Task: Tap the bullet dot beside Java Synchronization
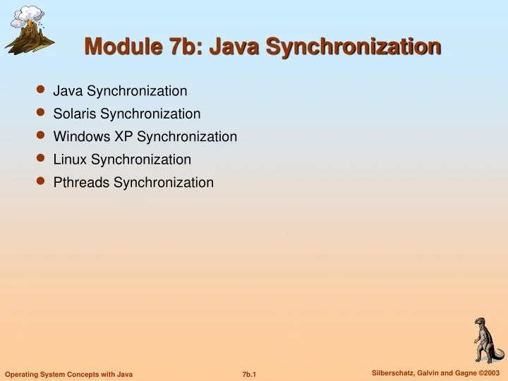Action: point(41,90)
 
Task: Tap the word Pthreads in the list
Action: point(82,183)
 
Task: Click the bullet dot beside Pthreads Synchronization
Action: point(41,182)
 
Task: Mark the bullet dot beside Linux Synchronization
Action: point(41,159)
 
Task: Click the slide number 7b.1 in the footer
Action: point(248,373)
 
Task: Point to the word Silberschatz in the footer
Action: point(395,372)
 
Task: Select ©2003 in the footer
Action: point(488,372)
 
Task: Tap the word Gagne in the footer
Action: point(461,372)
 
